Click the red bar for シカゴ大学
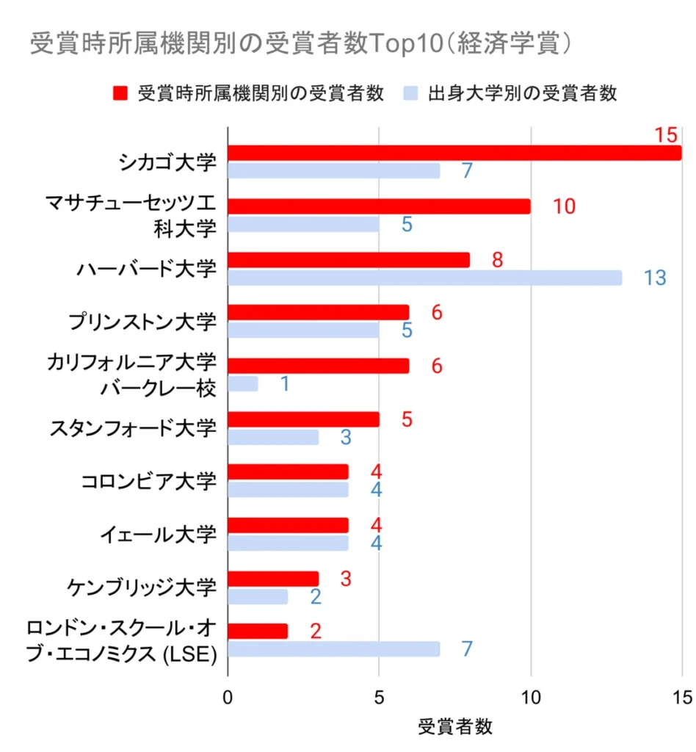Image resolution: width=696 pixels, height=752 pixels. pyautogui.click(x=454, y=153)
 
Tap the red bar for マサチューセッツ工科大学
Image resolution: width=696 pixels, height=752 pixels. pyautogui.click(x=379, y=206)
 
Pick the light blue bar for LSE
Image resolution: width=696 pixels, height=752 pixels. pyautogui.click(x=334, y=649)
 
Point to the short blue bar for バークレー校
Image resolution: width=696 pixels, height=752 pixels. pyautogui.click(x=243, y=383)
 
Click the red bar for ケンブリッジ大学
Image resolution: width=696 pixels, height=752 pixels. pyautogui.click(x=273, y=578)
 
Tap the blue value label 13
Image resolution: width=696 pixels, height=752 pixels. pyautogui.click(x=655, y=278)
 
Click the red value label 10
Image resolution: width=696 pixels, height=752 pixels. pyautogui.click(x=564, y=207)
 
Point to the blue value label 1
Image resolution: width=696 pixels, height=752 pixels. pyautogui.click(x=284, y=384)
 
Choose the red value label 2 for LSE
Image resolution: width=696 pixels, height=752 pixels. pyautogui.click(x=316, y=632)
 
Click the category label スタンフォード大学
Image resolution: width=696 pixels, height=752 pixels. pyautogui.click(x=133, y=427)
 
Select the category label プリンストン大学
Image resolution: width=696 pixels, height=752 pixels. pyautogui.click(x=142, y=321)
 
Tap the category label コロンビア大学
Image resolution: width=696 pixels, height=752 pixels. pyautogui.click(x=148, y=481)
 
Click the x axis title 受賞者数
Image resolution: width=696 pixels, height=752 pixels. pyautogui.click(x=455, y=727)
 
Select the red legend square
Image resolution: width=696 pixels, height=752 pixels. pyautogui.click(x=120, y=93)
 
